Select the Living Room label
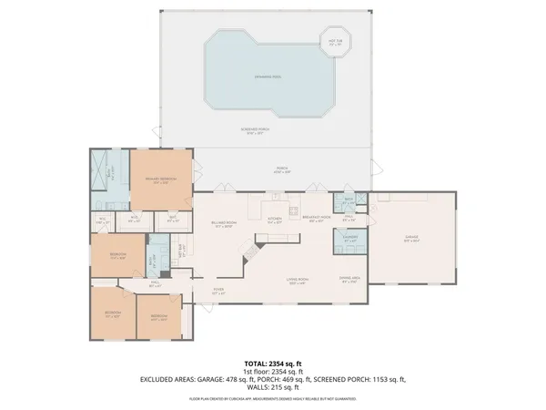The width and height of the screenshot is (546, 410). point(299,281)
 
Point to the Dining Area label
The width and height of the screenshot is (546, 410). point(349,279)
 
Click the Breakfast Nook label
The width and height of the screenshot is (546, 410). point(317,220)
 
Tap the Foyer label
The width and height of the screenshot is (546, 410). point(218,291)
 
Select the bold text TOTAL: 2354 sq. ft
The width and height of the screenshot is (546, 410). point(273,362)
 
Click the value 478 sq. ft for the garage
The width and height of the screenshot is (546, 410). point(240,378)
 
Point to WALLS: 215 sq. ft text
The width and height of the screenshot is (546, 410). point(273,386)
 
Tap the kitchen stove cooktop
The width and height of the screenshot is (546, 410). point(275,198)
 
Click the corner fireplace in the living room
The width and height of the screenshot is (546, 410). point(246,261)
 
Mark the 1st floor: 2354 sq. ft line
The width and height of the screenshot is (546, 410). point(273,370)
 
